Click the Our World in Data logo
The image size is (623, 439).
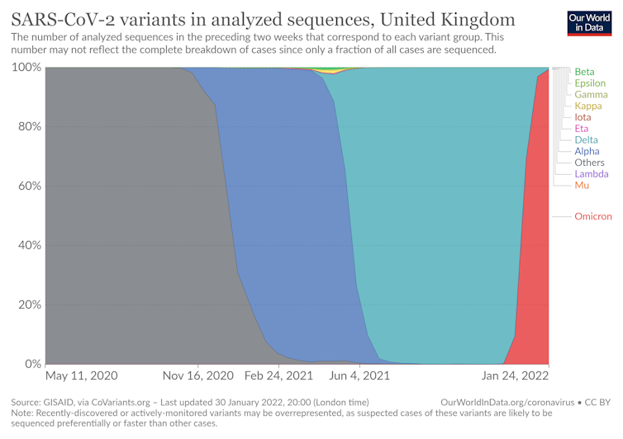[x=591, y=22]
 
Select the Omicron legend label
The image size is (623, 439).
[x=593, y=216]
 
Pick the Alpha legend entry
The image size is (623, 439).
[x=587, y=152]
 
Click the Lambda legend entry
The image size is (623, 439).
[x=592, y=174]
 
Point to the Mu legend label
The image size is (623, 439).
[x=582, y=186]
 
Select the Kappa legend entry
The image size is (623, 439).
[x=588, y=106]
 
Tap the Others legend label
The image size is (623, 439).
[x=590, y=163]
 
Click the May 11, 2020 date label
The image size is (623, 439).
[x=81, y=376]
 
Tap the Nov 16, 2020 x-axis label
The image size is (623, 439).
[x=198, y=376]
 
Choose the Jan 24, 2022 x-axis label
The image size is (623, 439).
[x=516, y=376]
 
